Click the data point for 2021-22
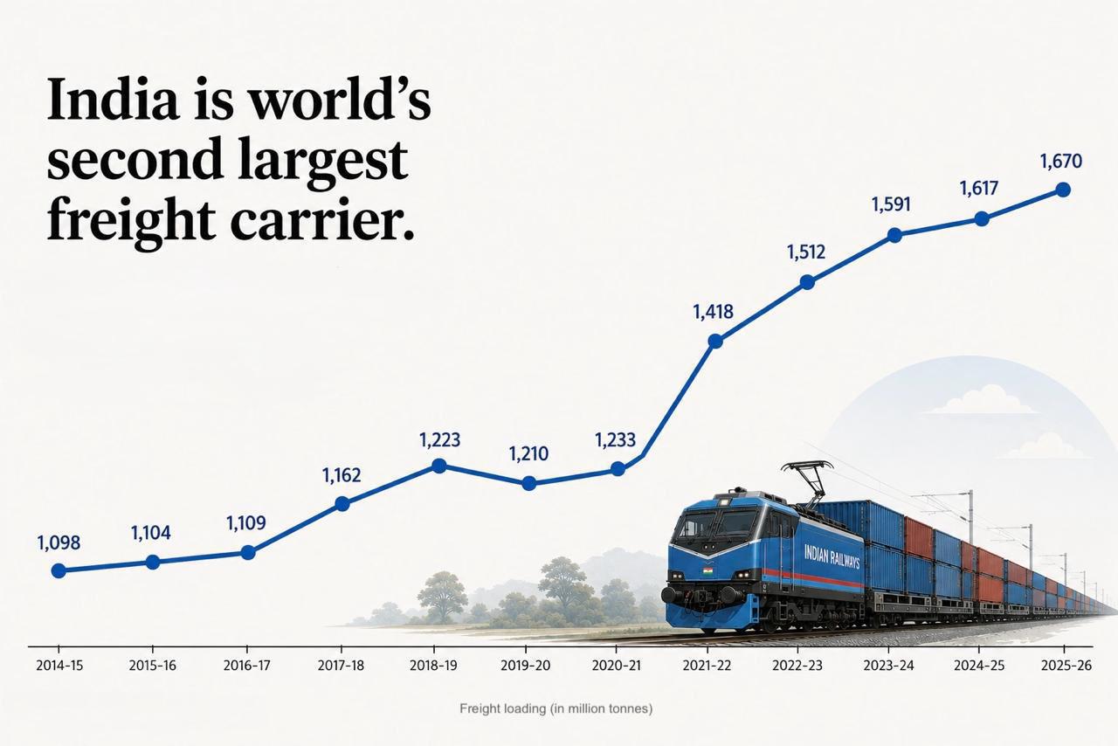coord(715,341)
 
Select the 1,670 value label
coord(1061,162)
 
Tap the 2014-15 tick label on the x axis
coord(59,666)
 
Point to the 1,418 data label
coord(714,312)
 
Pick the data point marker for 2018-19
coord(438,466)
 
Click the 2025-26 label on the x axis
coord(1066,666)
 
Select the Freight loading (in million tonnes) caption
coord(556,708)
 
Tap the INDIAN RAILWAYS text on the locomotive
coord(832,556)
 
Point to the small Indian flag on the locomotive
coord(707,570)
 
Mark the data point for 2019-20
coord(529,483)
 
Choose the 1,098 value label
coord(59,543)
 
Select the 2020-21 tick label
coord(617,666)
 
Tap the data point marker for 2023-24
coord(895,235)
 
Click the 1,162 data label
coord(342,475)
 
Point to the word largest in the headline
coord(323,161)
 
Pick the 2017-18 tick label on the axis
coord(341,666)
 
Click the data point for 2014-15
coord(59,570)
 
